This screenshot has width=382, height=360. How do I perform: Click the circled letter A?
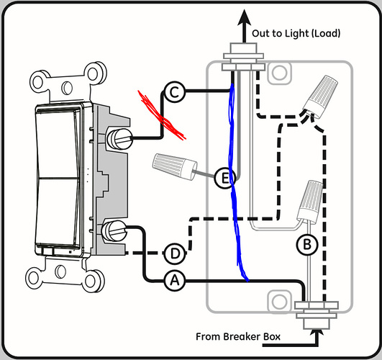click(x=175, y=281)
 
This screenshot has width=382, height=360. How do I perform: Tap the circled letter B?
click(x=307, y=245)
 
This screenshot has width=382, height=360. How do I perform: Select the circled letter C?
click(x=175, y=92)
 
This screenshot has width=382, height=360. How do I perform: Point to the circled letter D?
click(x=175, y=253)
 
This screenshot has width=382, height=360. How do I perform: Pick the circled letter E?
click(x=225, y=178)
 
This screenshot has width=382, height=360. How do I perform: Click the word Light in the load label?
click(x=297, y=34)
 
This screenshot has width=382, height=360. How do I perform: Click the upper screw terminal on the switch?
click(x=119, y=139)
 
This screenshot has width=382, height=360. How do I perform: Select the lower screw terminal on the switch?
click(x=114, y=230)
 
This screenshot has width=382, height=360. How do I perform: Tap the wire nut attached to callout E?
click(x=174, y=166)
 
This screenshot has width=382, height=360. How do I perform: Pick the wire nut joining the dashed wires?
click(x=320, y=97)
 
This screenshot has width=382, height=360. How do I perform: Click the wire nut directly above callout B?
click(x=310, y=201)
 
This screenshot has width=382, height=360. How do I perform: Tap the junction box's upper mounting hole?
click(x=279, y=73)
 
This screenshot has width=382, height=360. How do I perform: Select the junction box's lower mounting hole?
click(x=279, y=302)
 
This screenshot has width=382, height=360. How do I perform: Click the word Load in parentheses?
click(x=326, y=33)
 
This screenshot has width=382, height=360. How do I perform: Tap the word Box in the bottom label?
click(x=272, y=337)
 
